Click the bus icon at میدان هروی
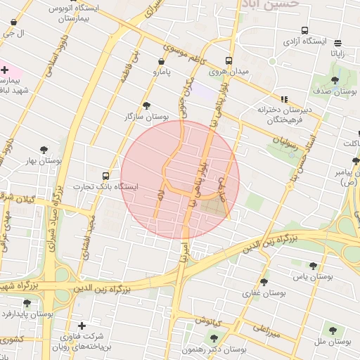(x=229, y=60)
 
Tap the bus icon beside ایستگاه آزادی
(x=304, y=30)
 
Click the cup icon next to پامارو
(x=155, y=71)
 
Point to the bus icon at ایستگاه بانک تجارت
(x=105, y=176)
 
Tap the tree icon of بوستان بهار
(x=44, y=150)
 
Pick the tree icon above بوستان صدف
(x=335, y=79)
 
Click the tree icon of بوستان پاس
(x=313, y=266)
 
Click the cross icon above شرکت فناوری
(x=82, y=326)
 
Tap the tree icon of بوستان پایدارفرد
(x=27, y=303)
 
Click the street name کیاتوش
(x=209, y=321)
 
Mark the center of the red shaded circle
(x=180, y=180)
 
